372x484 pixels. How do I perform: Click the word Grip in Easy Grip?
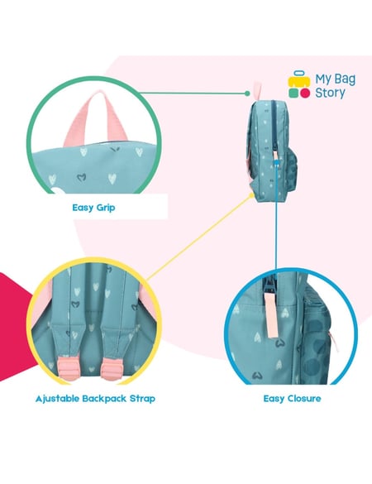click(106, 208)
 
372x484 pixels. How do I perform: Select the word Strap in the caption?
click(142, 399)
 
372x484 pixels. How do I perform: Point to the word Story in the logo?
click(330, 93)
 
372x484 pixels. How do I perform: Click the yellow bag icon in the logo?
click(299, 79)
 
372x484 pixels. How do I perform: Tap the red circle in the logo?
click(305, 93)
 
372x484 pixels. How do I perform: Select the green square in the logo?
click(293, 93)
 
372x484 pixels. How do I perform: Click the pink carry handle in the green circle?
click(96, 117)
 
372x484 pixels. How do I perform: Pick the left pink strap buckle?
click(68, 368)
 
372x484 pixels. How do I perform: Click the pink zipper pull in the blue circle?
click(271, 314)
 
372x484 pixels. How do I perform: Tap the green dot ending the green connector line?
click(247, 93)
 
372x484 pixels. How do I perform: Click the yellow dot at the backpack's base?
click(251, 195)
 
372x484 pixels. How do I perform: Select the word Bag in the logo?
click(346, 79)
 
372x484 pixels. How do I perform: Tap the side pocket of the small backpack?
click(292, 169)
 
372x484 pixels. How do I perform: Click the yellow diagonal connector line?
click(199, 237)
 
